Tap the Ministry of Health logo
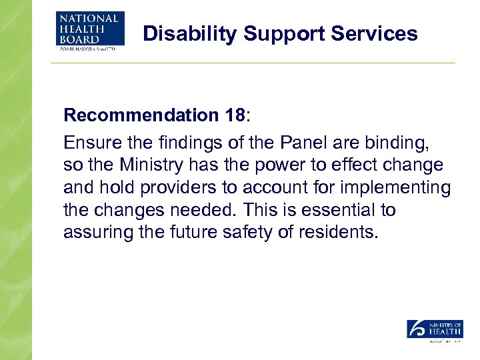tap(435, 331)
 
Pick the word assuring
tap(94, 233)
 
